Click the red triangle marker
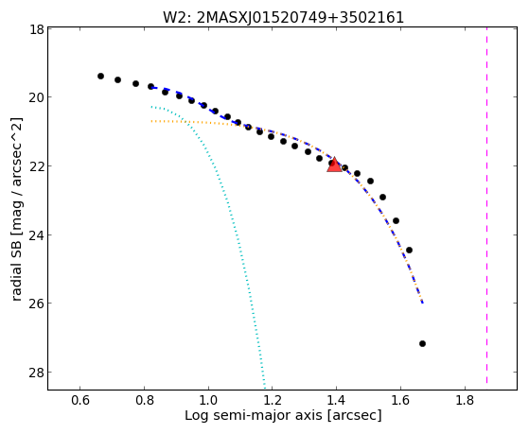pyautogui.click(x=334, y=165)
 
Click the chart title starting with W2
pyautogui.click(x=283, y=18)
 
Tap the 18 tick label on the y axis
pyautogui.click(x=38, y=29)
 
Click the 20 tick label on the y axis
pyautogui.click(x=37, y=97)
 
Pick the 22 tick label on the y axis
pyautogui.click(x=37, y=166)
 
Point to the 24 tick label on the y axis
pyautogui.click(x=37, y=235)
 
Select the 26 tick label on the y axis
pyautogui.click(x=37, y=304)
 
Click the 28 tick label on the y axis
pyautogui.click(x=37, y=373)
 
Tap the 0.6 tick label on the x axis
pyautogui.click(x=79, y=400)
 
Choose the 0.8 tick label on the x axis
pyautogui.click(x=144, y=400)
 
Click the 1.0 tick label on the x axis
pyautogui.click(x=208, y=400)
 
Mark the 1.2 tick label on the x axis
pyautogui.click(x=273, y=400)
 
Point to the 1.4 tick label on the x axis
pyautogui.click(x=336, y=400)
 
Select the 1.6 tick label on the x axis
pyautogui.click(x=400, y=400)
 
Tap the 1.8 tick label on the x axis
pyautogui.click(x=465, y=400)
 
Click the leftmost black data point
pyautogui.click(x=100, y=77)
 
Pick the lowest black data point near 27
pyautogui.click(x=422, y=343)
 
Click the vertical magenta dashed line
pyautogui.click(x=486, y=205)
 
